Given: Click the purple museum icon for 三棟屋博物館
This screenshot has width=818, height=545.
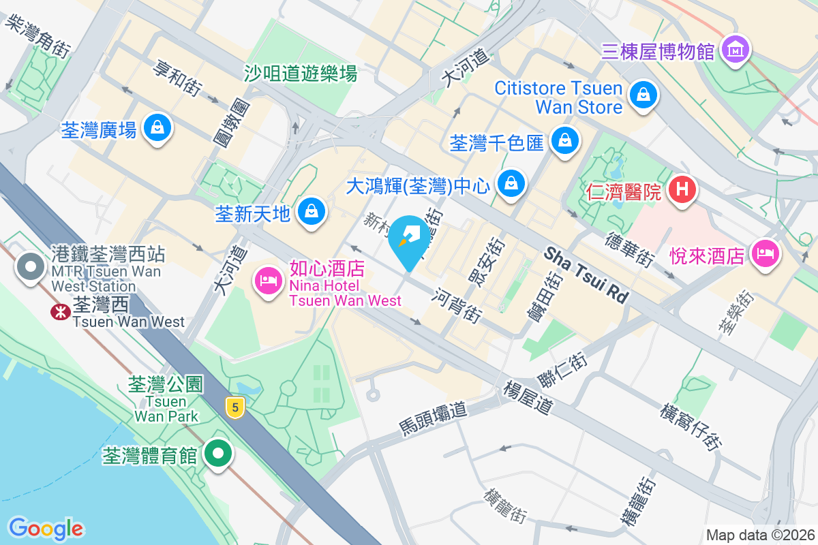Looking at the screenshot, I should tap(736, 50).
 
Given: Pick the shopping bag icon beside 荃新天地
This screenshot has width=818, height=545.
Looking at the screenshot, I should tap(312, 213).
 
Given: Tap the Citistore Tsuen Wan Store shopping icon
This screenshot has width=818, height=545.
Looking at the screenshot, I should tap(642, 96).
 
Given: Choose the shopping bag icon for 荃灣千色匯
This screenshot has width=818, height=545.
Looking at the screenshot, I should tap(564, 142).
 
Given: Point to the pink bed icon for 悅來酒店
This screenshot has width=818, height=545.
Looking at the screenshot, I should tap(765, 255).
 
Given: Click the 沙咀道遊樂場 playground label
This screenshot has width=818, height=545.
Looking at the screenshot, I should tap(301, 73).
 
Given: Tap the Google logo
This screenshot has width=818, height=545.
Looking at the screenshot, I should tap(46, 528).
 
